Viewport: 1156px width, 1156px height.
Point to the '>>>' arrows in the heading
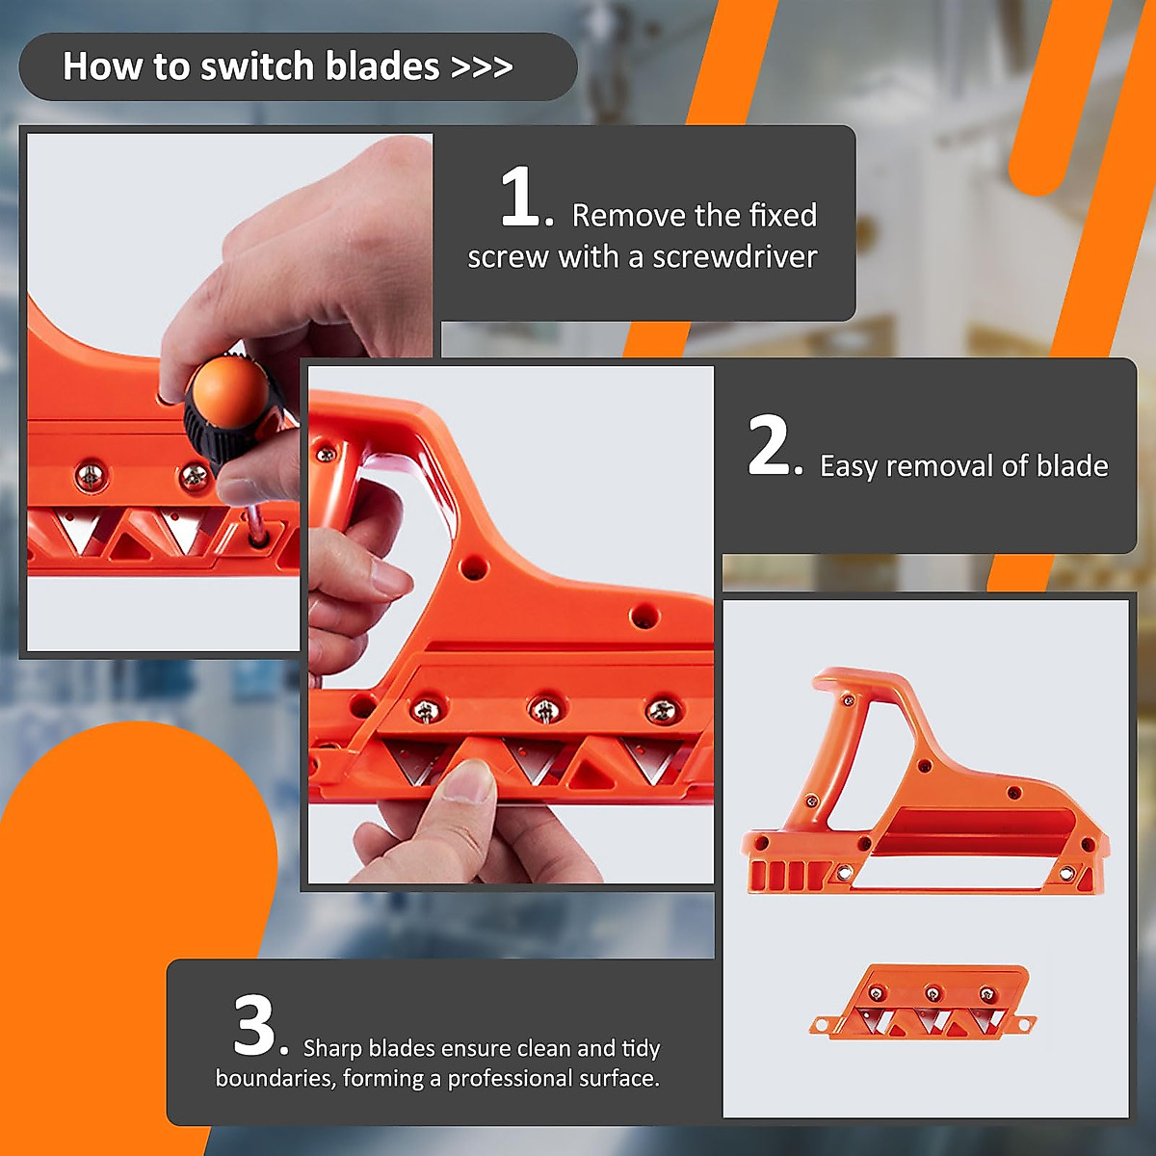(x=482, y=67)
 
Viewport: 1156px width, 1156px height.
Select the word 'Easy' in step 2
(x=849, y=466)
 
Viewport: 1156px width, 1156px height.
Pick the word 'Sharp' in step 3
(x=332, y=1048)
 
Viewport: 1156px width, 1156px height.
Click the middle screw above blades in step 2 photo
(x=544, y=710)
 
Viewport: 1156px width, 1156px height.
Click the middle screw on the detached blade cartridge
(x=932, y=993)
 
